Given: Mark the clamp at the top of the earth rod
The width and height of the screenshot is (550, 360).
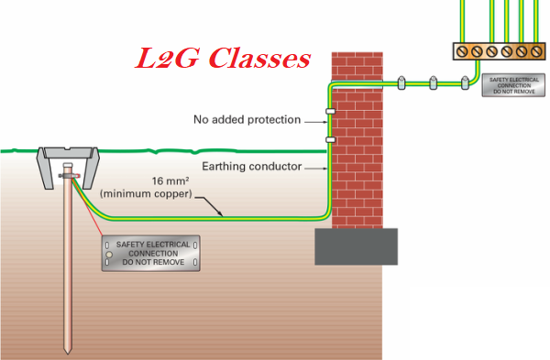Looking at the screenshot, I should click(67, 171).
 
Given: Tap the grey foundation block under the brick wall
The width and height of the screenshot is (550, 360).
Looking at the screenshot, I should click(357, 245).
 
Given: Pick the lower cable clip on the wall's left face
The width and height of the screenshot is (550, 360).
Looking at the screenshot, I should click(330, 139).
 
